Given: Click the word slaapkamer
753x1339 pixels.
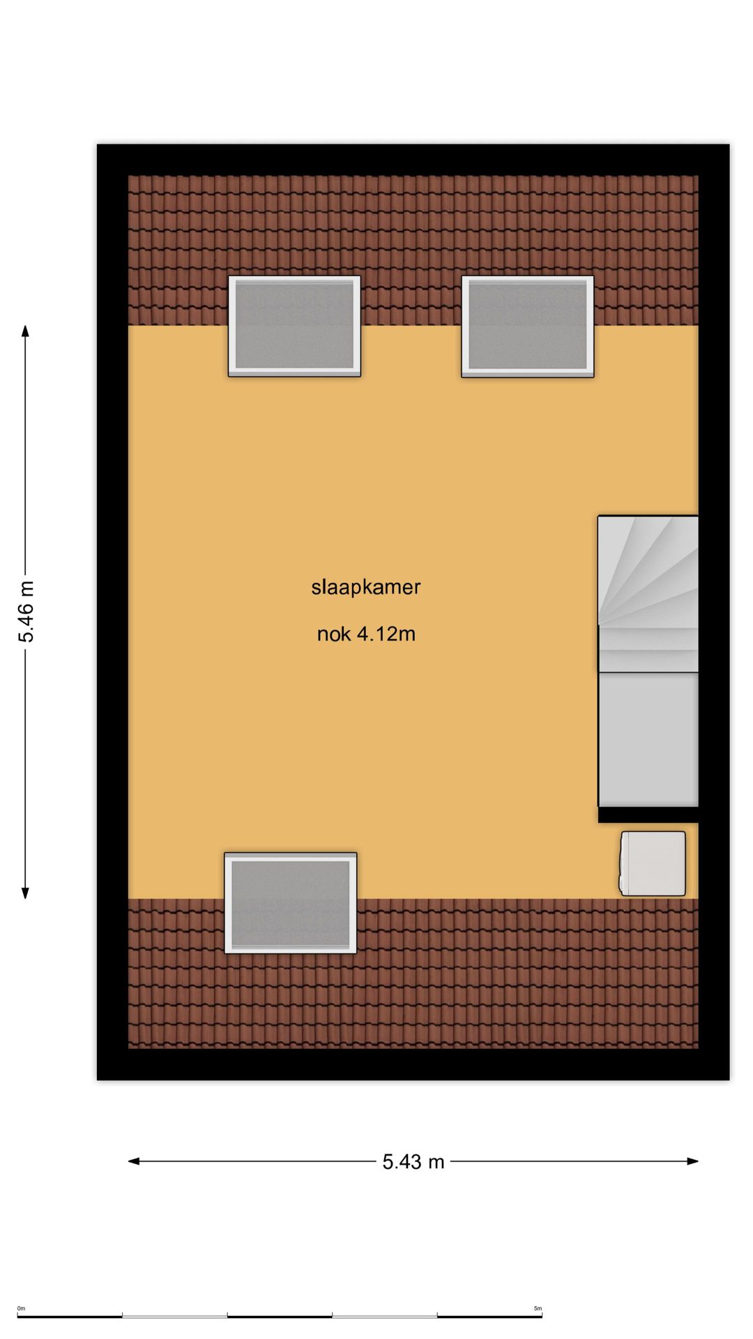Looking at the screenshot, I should pos(366,587).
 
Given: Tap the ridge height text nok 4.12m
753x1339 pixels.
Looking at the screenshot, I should pos(366,634).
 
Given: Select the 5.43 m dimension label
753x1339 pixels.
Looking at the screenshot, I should pos(413,1162).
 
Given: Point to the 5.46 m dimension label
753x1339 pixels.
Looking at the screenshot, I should pos(26,611).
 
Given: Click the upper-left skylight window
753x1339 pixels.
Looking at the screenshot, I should pos(294,326).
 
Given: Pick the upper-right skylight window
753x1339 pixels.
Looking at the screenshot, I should pos(528,326).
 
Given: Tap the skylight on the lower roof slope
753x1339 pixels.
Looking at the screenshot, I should pos(291,902).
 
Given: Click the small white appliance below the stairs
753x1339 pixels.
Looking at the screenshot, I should pos(653,863).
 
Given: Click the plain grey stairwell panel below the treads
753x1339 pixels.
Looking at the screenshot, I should pos(649,739).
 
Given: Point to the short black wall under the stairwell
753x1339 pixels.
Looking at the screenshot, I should pos(648,815).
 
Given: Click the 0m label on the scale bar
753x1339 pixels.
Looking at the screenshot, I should pos(21,1308).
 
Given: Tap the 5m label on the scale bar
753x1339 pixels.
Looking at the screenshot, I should pos(538,1308).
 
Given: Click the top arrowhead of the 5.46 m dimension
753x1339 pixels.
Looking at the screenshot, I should pos(26,331).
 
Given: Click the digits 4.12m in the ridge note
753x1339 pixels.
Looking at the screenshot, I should pos(386,634).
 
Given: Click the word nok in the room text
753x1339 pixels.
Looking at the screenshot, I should pos(334,634).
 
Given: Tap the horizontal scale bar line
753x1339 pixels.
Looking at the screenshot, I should pos(279,1317).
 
